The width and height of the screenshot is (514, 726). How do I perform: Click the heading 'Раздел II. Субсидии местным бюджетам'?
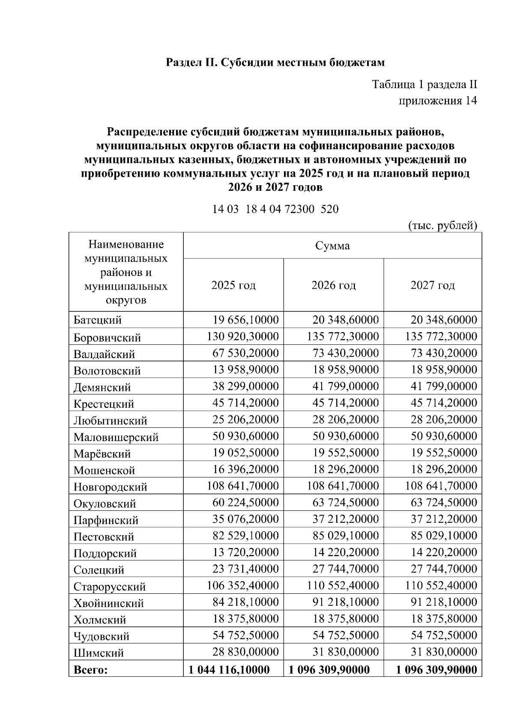point(275,62)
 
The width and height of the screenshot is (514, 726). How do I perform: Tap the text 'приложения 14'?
point(437,101)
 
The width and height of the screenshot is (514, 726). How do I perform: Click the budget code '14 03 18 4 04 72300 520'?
point(275,209)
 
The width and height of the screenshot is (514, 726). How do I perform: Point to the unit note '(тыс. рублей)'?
point(442,225)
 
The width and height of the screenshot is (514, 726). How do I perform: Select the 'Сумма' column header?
point(332,246)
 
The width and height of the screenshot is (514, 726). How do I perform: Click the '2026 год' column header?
point(333,285)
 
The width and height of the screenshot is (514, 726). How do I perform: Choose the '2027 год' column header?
point(433,285)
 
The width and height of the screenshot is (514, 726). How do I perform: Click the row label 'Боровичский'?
point(107,338)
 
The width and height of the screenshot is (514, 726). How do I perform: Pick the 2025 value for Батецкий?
point(245,320)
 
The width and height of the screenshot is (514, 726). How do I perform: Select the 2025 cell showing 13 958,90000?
point(245,370)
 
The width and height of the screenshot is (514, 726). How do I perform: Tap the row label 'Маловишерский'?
point(116,437)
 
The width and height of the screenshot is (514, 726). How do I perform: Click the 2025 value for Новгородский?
point(243,486)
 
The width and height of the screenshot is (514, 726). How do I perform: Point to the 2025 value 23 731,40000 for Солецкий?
point(245,569)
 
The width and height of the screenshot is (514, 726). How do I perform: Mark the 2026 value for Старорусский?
point(343,586)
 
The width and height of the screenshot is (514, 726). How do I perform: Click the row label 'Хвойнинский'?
point(109,603)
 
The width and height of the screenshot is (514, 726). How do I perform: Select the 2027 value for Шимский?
point(444,652)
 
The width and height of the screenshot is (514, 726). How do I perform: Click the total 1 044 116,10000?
point(229,670)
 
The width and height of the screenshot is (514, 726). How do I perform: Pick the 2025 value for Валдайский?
point(245,353)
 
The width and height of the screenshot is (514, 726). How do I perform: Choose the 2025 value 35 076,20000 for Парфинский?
point(245,519)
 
